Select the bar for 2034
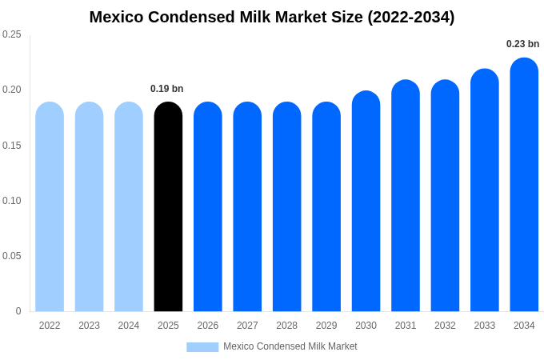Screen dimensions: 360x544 (524, 185)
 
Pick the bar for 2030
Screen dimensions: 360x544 (366, 202)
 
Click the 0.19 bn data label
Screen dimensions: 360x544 (167, 89)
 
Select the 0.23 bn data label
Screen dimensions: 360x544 (522, 44)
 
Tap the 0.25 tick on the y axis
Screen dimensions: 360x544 (12, 34)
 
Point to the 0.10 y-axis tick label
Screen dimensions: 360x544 (12, 201)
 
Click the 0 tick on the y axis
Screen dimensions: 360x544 (18, 311)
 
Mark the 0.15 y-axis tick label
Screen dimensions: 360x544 (12, 146)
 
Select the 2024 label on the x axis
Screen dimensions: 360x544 (129, 326)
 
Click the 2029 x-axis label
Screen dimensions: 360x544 (326, 326)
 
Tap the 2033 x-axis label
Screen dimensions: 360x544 (484, 326)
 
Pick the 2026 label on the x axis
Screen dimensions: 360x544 (208, 326)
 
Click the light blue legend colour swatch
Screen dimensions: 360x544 (202, 346)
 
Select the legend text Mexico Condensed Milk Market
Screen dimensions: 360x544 (290, 346)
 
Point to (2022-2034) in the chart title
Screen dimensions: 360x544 (410, 17)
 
